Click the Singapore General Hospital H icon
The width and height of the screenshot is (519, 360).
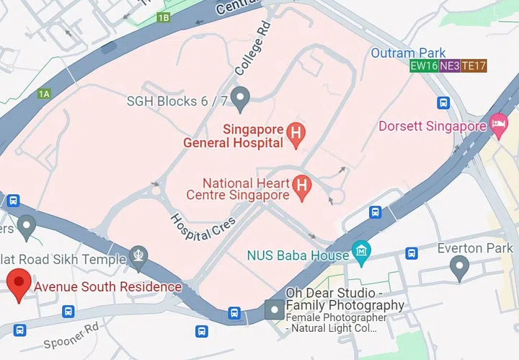pos(294,133)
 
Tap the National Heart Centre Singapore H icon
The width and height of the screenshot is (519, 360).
pos(302,187)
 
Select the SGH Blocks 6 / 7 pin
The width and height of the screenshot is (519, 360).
pos(241,97)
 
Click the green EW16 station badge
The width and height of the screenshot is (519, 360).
pos(424,66)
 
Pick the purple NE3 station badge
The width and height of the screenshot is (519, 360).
pos(449,66)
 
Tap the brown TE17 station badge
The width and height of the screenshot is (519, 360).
pos(474,66)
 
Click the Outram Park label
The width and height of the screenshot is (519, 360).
pos(408,53)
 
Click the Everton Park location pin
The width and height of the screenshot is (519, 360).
pos(459,268)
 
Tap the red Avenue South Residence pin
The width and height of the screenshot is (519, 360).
pos(17,284)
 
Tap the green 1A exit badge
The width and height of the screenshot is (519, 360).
pos(45,94)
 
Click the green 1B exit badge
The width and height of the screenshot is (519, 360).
pos(164,17)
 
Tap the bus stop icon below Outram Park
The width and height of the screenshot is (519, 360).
pos(443,103)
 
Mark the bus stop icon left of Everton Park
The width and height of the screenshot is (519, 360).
pos(411,254)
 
